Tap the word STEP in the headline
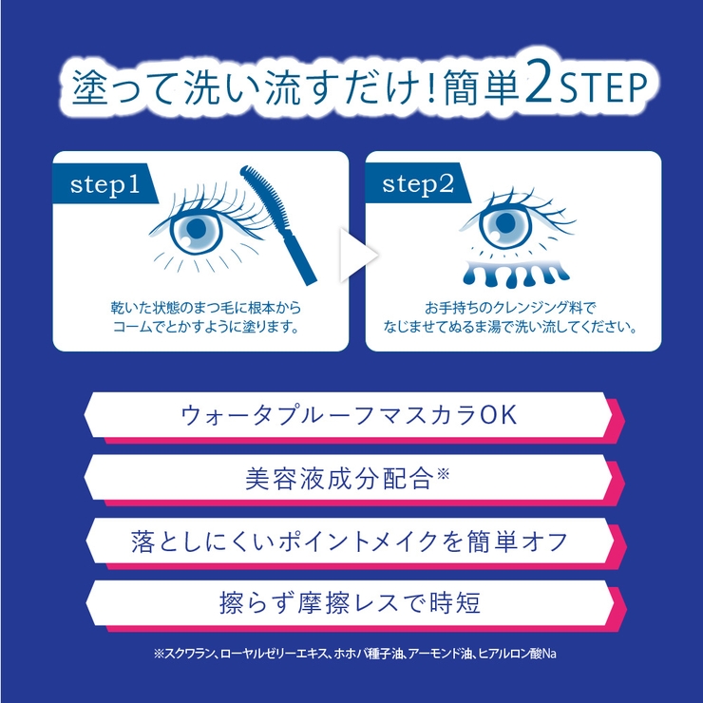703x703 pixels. (602, 86)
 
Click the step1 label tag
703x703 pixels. (105, 183)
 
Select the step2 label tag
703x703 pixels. (418, 183)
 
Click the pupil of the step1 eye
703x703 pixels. (197, 229)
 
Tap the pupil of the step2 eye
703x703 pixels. (505, 223)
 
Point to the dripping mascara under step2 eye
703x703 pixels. (515, 272)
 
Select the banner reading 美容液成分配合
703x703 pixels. (354, 478)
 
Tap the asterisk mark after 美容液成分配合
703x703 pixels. (443, 473)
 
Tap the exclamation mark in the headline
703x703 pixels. (431, 86)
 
